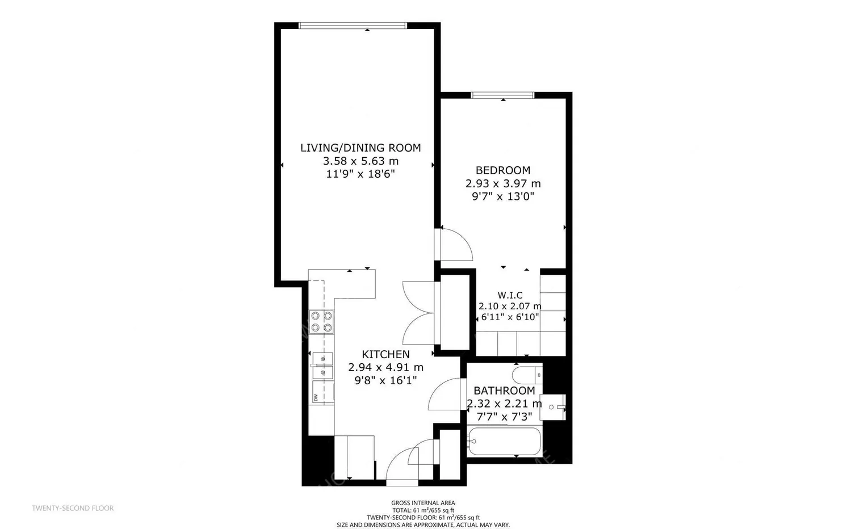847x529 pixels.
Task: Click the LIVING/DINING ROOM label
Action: tap(360, 148)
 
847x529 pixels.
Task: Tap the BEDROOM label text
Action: tap(503, 170)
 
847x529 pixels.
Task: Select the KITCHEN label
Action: tap(385, 354)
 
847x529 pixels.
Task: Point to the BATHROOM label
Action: tap(505, 391)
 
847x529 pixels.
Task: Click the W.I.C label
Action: tap(510, 295)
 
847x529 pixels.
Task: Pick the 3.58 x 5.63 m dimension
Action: tap(360, 161)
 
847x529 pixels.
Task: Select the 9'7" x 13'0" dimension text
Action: tap(503, 196)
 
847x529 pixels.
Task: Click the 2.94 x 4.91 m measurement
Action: tap(385, 367)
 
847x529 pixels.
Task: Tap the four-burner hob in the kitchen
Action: tap(321, 322)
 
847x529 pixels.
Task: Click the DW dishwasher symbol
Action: tap(323, 392)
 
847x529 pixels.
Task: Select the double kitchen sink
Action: tap(322, 366)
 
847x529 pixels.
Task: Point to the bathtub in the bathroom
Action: tap(504, 441)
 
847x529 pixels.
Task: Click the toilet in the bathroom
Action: tap(527, 375)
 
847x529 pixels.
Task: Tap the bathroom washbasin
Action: tap(552, 407)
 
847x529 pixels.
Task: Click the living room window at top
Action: tap(353, 26)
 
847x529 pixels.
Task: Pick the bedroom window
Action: tap(502, 95)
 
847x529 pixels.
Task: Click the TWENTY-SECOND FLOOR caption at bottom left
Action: tap(73, 508)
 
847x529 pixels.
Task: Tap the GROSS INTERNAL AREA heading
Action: tap(423, 503)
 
